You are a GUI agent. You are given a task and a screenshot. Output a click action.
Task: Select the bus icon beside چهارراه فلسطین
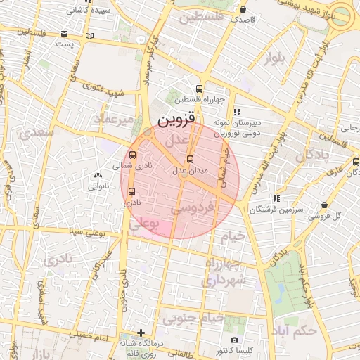[199, 89]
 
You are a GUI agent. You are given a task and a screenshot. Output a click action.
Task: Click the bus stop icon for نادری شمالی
[132, 155]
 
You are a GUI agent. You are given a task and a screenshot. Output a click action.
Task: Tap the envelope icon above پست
[65, 34]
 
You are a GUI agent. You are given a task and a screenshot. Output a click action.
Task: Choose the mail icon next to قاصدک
[243, 11]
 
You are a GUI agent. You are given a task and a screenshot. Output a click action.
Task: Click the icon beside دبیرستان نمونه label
[237, 111]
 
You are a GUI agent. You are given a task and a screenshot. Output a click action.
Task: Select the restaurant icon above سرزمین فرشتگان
[276, 199]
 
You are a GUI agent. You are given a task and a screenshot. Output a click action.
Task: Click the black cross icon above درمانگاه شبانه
[141, 332]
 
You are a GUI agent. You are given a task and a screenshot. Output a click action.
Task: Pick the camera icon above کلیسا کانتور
[234, 340]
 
